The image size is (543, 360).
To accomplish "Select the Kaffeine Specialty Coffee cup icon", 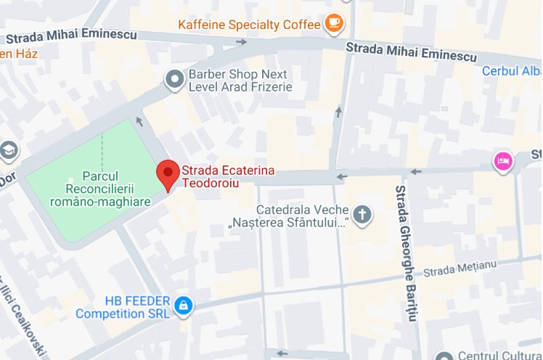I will point(335,23).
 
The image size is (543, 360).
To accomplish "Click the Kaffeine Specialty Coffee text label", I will point(249,24).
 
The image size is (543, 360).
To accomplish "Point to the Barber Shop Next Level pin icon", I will point(174,80).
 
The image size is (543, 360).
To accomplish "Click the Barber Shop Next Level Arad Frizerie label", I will point(240,81).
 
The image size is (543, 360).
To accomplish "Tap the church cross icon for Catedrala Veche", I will point(362,214).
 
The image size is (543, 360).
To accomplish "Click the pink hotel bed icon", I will point(502,161).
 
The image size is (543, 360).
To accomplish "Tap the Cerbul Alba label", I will point(511,71).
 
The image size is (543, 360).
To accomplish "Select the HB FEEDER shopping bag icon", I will point(184,306).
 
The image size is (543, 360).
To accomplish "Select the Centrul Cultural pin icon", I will point(445,356).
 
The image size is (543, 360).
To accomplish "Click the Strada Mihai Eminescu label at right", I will point(412,51).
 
